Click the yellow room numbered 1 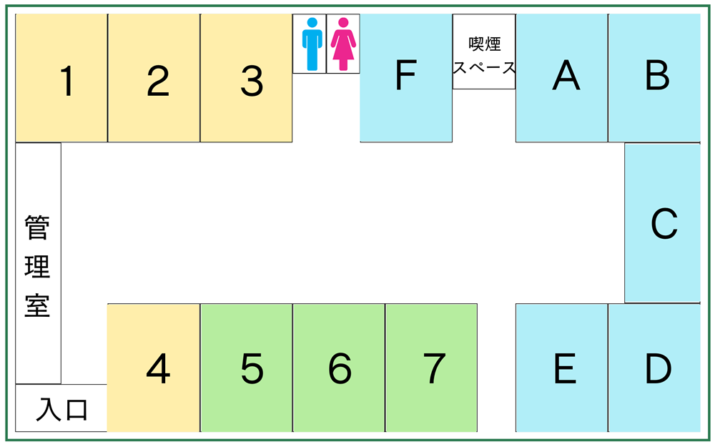[x=61, y=78]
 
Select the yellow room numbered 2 [x=154, y=78]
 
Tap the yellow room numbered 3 [x=246, y=78]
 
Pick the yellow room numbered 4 [x=154, y=368]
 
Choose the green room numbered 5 [x=246, y=368]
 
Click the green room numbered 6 [x=339, y=368]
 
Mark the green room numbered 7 [x=431, y=368]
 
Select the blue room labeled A [x=562, y=78]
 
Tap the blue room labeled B [x=654, y=78]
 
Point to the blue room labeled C [x=663, y=223]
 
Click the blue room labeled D [x=654, y=368]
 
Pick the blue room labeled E [x=562, y=368]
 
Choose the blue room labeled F [x=406, y=78]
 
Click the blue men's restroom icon [x=312, y=44]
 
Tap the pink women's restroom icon [x=343, y=44]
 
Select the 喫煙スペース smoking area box [x=484, y=51]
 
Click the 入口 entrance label [x=61, y=409]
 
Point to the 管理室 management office [x=39, y=263]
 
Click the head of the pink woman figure [x=343, y=23]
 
